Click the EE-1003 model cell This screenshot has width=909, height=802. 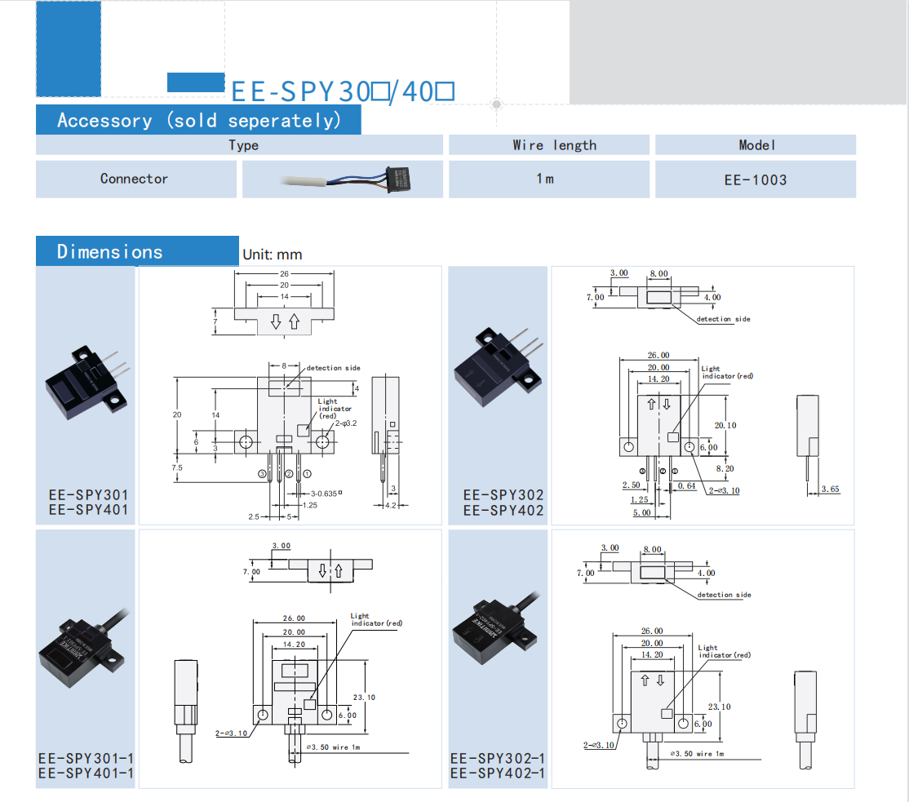[756, 179]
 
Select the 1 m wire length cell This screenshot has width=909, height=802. [545, 179]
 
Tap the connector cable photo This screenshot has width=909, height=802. [342, 179]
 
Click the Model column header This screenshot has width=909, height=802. [756, 144]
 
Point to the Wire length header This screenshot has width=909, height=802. [554, 145]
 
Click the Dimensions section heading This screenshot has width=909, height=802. [110, 251]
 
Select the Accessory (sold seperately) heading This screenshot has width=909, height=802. [198, 121]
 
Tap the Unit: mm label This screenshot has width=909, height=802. [272, 255]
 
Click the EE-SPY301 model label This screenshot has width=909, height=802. [88, 494]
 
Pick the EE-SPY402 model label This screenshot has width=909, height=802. [503, 511]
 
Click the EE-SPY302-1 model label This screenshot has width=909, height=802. [498, 758]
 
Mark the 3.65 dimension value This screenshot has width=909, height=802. [830, 490]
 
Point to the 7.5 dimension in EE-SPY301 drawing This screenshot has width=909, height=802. [177, 467]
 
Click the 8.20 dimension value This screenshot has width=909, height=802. [725, 468]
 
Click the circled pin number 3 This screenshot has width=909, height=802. [263, 473]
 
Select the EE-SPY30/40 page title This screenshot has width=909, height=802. [343, 91]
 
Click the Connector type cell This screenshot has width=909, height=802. [135, 179]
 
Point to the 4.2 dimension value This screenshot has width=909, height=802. [390, 506]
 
